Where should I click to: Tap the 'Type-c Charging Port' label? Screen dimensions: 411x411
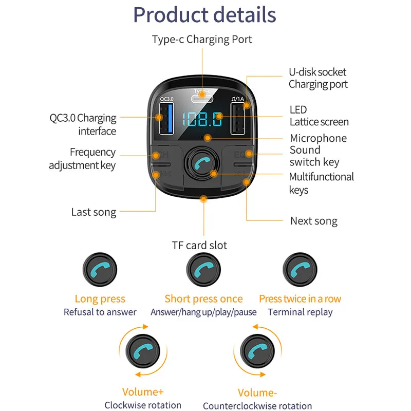pos(202,40)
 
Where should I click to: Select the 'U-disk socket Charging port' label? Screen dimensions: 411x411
pos(317,78)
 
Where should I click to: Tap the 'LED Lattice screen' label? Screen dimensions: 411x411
pos(319,116)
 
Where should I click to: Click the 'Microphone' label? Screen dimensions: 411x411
pos(318,138)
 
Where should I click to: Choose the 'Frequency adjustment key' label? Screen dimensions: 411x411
pos(82,159)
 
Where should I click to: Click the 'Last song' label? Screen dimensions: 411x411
pos(94,212)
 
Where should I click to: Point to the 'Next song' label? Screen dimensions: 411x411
pos(314,221)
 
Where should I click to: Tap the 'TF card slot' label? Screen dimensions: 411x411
pos(199,245)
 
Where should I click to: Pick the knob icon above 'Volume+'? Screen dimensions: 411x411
pos(143,352)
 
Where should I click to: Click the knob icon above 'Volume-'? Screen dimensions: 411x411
pos(257,352)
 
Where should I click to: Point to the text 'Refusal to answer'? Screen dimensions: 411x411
pos(100,312)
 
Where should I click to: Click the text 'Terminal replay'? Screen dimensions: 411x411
pos(300,312)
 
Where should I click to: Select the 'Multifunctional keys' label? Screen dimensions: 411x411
pos(321,183)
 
